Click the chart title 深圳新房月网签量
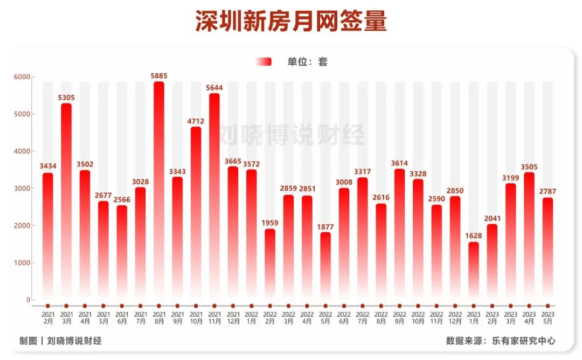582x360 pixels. (291, 22)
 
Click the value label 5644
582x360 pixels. (214, 88)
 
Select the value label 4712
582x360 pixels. (196, 121)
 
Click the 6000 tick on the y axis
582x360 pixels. (22, 77)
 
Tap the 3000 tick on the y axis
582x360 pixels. (22, 189)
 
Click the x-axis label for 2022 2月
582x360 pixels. (270, 317)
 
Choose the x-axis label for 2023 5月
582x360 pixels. (548, 317)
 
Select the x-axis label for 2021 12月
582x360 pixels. (233, 317)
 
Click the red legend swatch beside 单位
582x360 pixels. (264, 62)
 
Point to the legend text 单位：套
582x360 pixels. (307, 62)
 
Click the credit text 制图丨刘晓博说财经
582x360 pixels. (60, 341)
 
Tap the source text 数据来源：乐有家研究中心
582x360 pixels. (501, 341)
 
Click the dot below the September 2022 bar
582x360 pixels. (399, 306)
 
